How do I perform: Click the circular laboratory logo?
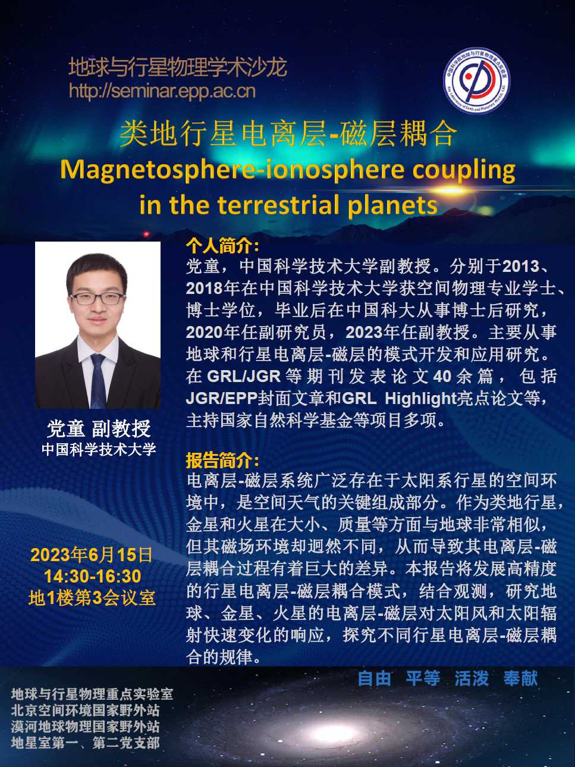476,81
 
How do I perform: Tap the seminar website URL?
162,91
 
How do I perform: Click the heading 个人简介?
222,247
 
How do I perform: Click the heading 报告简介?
222,461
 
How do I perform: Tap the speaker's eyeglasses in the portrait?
97,298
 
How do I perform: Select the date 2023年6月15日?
92,555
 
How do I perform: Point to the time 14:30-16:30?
93,576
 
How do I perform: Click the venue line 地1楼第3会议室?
92,598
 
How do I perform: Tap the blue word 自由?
374,678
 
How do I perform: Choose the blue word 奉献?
520,678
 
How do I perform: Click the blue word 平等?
423,678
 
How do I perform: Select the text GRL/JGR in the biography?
244,376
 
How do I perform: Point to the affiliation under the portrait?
99,449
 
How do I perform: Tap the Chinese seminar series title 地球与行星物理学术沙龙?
178,67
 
